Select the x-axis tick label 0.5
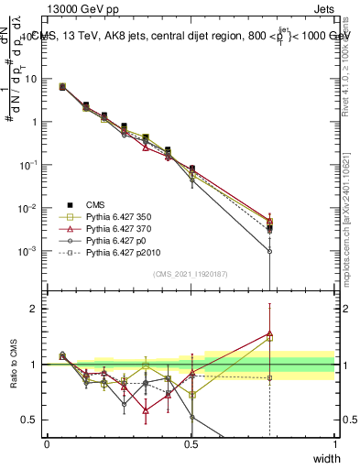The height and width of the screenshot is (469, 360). point(191,444)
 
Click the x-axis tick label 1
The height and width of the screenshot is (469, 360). point(334,444)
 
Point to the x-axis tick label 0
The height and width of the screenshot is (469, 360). point(47,444)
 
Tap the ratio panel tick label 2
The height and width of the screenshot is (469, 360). point(37,309)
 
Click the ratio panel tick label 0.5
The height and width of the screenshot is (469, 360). point(32,420)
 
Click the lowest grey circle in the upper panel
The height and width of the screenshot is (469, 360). point(269,251)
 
